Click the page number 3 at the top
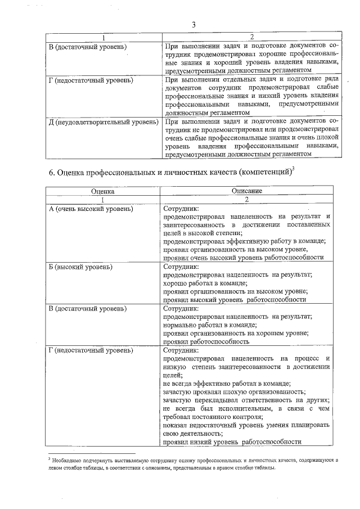point(193,25)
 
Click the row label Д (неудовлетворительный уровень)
point(103,121)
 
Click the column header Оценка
point(103,191)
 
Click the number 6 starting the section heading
point(48,172)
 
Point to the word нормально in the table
point(180,325)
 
